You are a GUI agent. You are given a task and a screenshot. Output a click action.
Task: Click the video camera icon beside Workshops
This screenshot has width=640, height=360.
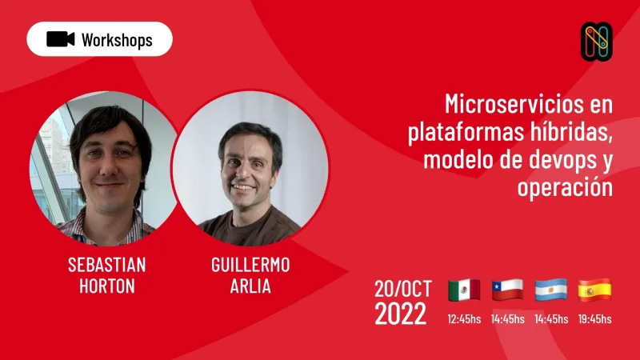61,39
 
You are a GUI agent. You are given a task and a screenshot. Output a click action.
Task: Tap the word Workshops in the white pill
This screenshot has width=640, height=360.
117,40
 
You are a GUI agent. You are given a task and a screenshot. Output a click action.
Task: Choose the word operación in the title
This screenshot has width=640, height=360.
564,188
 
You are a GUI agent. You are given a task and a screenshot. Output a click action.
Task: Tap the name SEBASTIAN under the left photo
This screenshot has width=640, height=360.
106,265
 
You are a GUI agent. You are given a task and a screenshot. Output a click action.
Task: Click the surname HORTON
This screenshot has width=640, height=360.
106,286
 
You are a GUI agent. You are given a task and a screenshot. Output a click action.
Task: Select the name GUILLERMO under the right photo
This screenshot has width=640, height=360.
250,265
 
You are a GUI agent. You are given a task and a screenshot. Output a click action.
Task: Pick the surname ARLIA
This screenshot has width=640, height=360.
250,286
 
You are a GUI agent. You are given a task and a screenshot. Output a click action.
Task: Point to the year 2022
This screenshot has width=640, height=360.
400,314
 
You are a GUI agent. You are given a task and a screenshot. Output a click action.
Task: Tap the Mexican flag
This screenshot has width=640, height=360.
464,290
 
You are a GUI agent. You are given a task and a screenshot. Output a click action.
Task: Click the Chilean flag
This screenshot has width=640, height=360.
507,290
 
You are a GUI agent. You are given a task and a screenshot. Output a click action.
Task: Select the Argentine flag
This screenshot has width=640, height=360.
550,290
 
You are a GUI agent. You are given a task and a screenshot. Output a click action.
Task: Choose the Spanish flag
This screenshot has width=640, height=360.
594,290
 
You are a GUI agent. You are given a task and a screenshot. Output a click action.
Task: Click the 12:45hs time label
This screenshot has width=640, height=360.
464,319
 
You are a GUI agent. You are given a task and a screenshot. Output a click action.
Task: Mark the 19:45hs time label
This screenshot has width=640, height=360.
594,319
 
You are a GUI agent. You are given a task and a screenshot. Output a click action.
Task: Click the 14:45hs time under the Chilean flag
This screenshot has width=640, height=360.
507,319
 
